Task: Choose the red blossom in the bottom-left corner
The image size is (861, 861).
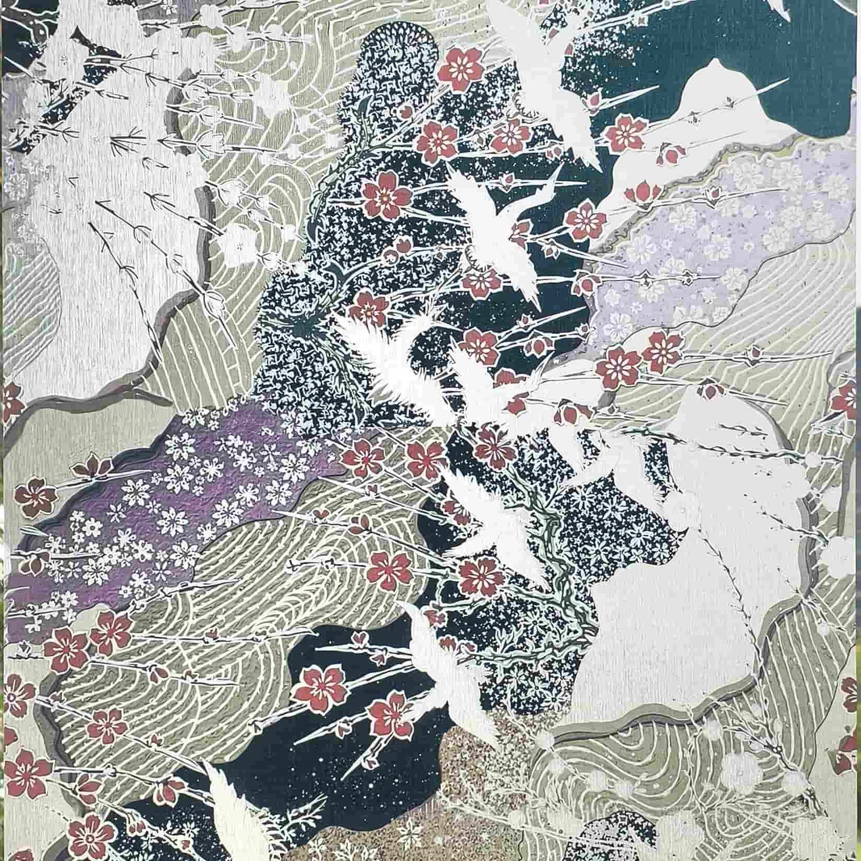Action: pos(89,834)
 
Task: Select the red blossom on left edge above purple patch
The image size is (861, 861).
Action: pos(11,399)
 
